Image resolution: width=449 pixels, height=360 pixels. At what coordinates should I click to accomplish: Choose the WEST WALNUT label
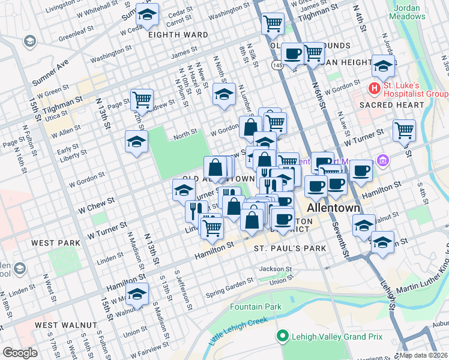66,325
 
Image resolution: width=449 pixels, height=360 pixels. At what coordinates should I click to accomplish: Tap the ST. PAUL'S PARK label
290,248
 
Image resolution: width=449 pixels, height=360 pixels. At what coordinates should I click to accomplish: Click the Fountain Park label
256,307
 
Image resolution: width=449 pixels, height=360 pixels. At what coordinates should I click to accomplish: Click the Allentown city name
333,208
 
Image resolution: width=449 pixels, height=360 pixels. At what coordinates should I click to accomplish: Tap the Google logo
19,353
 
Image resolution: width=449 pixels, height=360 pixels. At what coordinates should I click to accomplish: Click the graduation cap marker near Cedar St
146,14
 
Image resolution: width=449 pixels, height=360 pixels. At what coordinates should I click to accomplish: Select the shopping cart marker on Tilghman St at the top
273,24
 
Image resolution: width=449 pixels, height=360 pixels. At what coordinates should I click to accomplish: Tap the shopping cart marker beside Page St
142,100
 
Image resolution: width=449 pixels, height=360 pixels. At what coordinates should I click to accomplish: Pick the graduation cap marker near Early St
136,142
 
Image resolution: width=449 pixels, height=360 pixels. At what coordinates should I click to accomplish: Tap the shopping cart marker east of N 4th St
404,130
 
